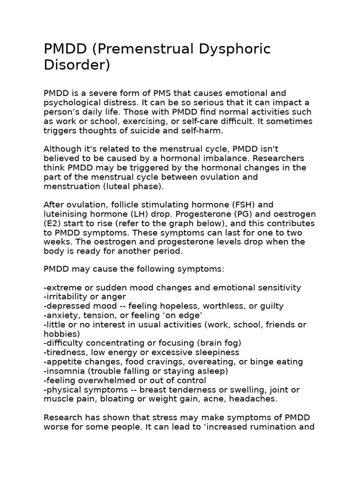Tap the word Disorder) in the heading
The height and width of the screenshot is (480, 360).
(76, 65)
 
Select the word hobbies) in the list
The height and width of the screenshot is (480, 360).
(61, 334)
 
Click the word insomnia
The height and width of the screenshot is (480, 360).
(65, 371)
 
